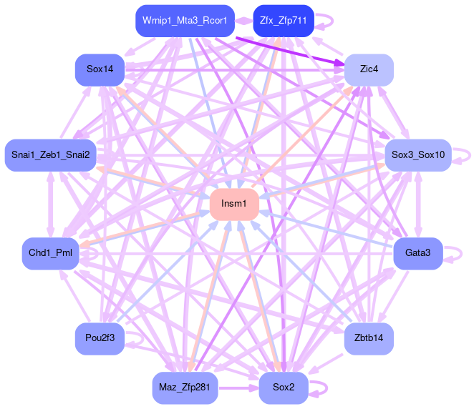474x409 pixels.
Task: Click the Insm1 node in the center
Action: (x=233, y=204)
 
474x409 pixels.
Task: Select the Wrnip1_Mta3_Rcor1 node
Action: (x=185, y=21)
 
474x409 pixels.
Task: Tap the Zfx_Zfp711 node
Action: (x=284, y=21)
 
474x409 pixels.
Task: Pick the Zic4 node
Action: (x=369, y=70)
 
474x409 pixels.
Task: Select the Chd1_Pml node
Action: (x=50, y=254)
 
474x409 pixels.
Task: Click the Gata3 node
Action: (x=417, y=254)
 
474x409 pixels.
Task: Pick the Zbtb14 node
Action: (x=369, y=338)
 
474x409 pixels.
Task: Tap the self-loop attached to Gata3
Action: (x=459, y=254)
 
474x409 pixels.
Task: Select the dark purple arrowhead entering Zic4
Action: (x=337, y=64)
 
